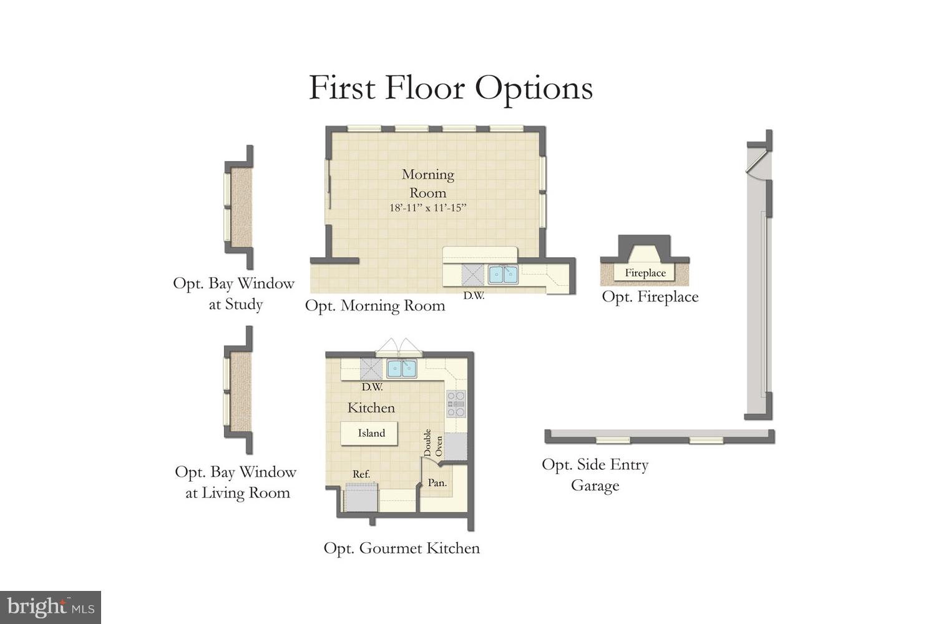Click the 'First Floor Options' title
coord(451,88)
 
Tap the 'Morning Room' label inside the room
coord(428,183)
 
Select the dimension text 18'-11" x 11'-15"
coord(428,208)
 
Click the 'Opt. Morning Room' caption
coord(375,306)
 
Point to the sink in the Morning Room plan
coord(502,274)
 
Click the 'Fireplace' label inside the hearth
coord(645,273)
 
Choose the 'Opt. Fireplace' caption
coord(650,297)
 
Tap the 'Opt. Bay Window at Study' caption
coord(234,293)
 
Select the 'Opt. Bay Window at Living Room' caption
coord(236,482)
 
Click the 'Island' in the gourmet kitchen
coord(371,433)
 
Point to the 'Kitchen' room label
coord(371,408)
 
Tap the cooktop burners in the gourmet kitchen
coord(456,404)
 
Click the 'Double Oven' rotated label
coord(433,443)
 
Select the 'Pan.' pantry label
coord(437,483)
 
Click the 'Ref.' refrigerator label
coord(361,474)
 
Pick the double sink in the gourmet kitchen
coord(401,369)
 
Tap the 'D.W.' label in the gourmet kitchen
coord(372,387)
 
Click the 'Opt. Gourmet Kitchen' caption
coord(401,548)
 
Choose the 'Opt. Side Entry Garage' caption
coord(595,475)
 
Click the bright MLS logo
coord(51,607)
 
